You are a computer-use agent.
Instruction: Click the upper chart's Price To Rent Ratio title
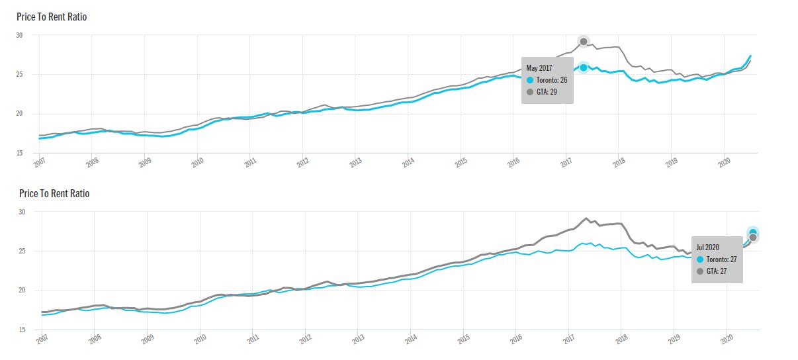pos(52,17)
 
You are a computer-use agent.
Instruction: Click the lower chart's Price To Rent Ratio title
pos(54,193)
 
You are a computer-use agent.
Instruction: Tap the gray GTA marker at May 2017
pos(584,42)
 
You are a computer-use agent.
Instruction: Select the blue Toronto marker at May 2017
pos(584,67)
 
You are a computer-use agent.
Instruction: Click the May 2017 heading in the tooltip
pos(538,68)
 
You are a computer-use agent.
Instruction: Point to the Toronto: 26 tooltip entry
pos(548,79)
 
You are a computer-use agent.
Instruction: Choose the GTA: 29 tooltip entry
pos(543,91)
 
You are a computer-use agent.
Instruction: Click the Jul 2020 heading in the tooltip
pos(708,247)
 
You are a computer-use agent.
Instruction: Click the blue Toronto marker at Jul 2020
pos(753,232)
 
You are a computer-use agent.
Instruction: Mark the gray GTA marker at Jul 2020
pos(753,238)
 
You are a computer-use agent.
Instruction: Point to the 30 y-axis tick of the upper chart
pos(19,35)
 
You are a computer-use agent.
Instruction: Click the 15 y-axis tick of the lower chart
pos(22,330)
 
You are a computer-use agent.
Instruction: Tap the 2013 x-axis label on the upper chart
pos(356,162)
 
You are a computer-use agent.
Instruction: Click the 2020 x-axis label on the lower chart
pos(727,339)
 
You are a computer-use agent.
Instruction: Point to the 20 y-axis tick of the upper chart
pos(19,114)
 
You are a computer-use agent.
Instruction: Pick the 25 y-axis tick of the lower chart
pos(22,251)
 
